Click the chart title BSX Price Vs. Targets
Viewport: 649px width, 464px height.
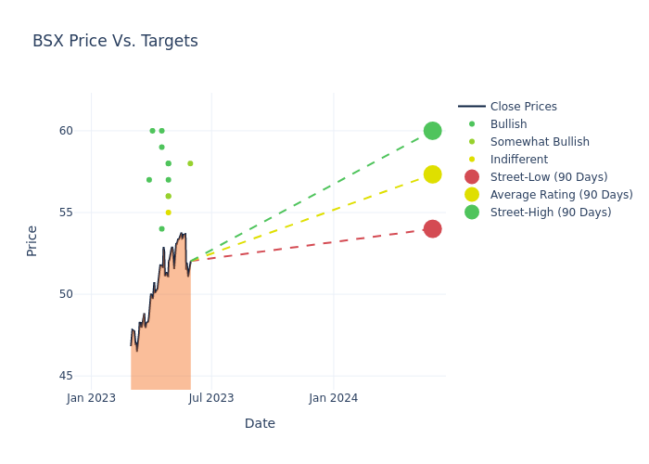pyautogui.click(x=115, y=41)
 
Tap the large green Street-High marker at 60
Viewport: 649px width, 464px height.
pyautogui.click(x=432, y=131)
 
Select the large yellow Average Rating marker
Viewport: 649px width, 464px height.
pyautogui.click(x=432, y=174)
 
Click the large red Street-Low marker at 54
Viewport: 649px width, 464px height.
pyautogui.click(x=432, y=228)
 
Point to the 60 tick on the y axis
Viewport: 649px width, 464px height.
pyautogui.click(x=66, y=131)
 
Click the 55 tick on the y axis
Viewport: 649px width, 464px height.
pyautogui.click(x=66, y=213)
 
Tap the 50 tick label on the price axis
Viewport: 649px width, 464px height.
pyautogui.click(x=66, y=294)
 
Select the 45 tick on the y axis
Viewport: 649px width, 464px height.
pyautogui.click(x=66, y=376)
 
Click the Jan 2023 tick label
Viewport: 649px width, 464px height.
pyautogui.click(x=92, y=398)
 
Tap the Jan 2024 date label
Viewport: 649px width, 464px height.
pyautogui.click(x=334, y=398)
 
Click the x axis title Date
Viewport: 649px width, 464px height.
pyautogui.click(x=260, y=423)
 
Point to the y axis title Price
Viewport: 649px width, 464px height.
pyautogui.click(x=32, y=240)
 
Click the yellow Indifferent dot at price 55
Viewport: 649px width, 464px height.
pyautogui.click(x=168, y=213)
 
